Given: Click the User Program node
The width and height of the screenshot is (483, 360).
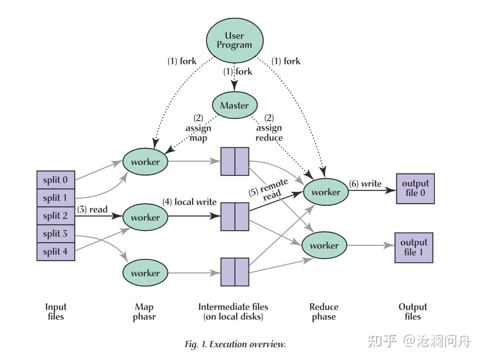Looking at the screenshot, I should pos(235,40).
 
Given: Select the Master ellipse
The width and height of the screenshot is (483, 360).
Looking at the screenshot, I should pos(235,105).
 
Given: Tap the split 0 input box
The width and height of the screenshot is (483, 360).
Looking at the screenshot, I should pos(56,180).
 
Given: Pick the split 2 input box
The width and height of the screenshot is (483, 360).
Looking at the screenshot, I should pos(56,216).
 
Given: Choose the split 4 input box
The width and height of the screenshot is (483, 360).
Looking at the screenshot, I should pos(56,252).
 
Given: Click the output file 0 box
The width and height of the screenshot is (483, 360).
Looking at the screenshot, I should pos(415,189).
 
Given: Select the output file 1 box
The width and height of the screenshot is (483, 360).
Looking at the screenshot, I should pos(414,248).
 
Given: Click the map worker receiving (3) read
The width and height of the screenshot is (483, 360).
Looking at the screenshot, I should pos(145,217).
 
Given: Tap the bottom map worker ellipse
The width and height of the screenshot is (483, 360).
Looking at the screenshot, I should pos(145,273).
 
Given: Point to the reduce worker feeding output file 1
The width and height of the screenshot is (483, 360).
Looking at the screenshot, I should pos(324,245).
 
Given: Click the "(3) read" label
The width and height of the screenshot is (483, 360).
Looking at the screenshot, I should pos(92,210).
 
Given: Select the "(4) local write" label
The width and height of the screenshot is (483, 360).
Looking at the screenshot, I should pos(189,202).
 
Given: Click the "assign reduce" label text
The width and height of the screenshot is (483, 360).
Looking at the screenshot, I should pos(269,133).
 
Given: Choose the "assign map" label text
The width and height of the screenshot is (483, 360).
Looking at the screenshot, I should pos(198,133).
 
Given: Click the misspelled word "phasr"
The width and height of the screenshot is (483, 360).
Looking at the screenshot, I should pos(144,317).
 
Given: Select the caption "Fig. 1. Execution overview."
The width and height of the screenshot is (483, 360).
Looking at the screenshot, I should pos(235,344).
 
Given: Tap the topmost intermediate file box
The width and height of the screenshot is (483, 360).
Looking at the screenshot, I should pos(235,161).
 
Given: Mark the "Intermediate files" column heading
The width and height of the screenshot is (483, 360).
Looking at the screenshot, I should pos(233,307).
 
